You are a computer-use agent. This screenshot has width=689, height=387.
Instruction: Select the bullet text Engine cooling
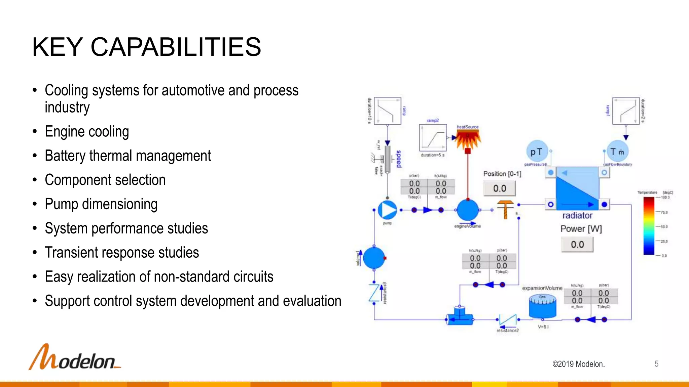pyautogui.click(x=87, y=132)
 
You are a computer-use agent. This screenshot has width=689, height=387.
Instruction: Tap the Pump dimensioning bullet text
pyautogui.click(x=101, y=204)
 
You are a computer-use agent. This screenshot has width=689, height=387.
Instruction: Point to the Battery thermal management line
pyautogui.click(x=128, y=156)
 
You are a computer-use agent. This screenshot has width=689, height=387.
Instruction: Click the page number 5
pyautogui.click(x=656, y=364)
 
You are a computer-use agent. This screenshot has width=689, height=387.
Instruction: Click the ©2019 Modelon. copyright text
pyautogui.click(x=578, y=364)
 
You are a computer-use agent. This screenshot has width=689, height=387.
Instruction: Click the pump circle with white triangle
pyautogui.click(x=387, y=210)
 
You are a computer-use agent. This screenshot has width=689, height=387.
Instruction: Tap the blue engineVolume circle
pyautogui.click(x=467, y=210)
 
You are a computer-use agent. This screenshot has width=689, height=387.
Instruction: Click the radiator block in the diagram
pyautogui.click(x=577, y=188)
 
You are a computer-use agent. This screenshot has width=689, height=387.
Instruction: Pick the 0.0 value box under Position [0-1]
pyautogui.click(x=500, y=188)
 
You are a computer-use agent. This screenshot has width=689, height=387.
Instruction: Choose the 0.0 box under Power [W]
pyautogui.click(x=577, y=245)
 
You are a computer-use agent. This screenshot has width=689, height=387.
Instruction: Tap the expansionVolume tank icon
pyautogui.click(x=542, y=306)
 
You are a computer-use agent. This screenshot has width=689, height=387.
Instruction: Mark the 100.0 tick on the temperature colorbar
pyautogui.click(x=665, y=198)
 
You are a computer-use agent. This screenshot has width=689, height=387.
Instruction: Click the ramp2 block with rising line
pyautogui.click(x=433, y=138)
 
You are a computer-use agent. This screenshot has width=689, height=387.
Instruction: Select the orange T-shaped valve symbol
pyautogui.click(x=505, y=209)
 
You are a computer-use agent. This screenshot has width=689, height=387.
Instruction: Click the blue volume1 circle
pyautogui.click(x=374, y=258)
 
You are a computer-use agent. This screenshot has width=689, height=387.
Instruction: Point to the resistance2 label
pyautogui.click(x=508, y=331)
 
